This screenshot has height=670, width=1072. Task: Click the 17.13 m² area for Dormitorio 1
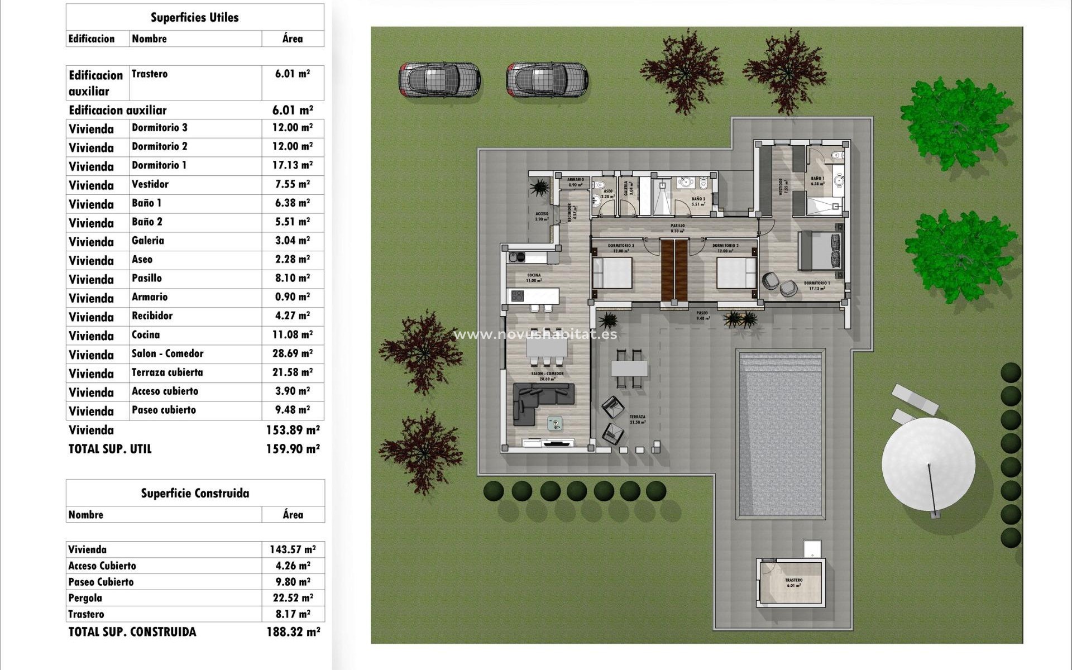(x=292, y=165)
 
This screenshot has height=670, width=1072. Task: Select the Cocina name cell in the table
(x=146, y=335)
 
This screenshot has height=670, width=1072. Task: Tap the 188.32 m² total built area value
(x=293, y=632)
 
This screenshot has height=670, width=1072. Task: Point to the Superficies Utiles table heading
(x=194, y=18)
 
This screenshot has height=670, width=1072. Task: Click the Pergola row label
(x=85, y=598)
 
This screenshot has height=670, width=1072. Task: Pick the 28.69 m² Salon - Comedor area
(x=292, y=354)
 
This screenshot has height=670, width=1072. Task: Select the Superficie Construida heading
(x=195, y=494)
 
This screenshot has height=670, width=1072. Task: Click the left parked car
(x=439, y=79)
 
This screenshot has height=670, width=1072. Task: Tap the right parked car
(x=547, y=79)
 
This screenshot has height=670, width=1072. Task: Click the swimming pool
(x=780, y=434)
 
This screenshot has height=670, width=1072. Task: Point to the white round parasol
(x=928, y=463)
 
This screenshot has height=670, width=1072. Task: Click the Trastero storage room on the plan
(x=792, y=583)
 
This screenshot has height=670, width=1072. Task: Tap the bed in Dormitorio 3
(x=612, y=273)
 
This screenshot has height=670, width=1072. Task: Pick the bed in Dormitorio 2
(x=736, y=273)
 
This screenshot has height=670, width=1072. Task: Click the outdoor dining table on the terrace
(x=629, y=368)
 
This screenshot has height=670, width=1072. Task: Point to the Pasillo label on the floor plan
(x=677, y=226)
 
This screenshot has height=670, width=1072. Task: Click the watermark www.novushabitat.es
(x=535, y=334)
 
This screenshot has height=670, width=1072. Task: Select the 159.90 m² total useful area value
(x=293, y=449)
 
